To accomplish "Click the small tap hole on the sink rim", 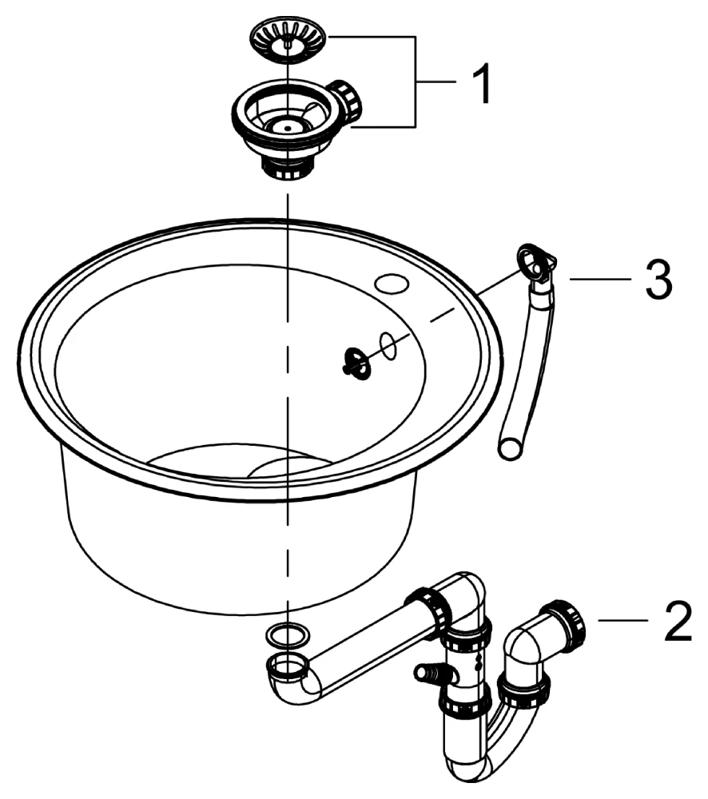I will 392,282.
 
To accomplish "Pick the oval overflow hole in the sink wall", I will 388,345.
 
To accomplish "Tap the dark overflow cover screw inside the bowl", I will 355,363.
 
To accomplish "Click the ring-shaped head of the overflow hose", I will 533,259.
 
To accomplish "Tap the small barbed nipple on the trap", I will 426,671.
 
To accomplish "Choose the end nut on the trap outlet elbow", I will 564,626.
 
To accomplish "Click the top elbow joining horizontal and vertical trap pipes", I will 463,595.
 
